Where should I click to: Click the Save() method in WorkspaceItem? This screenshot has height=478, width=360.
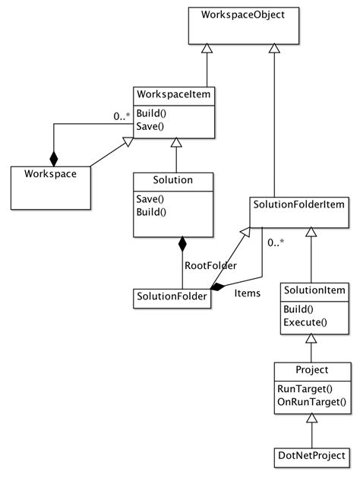pyautogui.click(x=150, y=126)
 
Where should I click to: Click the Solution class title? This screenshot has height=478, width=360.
pyautogui.click(x=172, y=180)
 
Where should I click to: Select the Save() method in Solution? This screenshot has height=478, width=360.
pyautogui.click(x=150, y=198)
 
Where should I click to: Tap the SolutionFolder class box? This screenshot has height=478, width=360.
pyautogui.click(x=172, y=296)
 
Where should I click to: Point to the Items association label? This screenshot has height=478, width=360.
pyautogui.click(x=248, y=293)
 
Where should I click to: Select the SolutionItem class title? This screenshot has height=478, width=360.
pyautogui.click(x=314, y=290)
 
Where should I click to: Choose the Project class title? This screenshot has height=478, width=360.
pyautogui.click(x=311, y=370)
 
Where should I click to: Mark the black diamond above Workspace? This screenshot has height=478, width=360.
pyautogui.click(x=53, y=158)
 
